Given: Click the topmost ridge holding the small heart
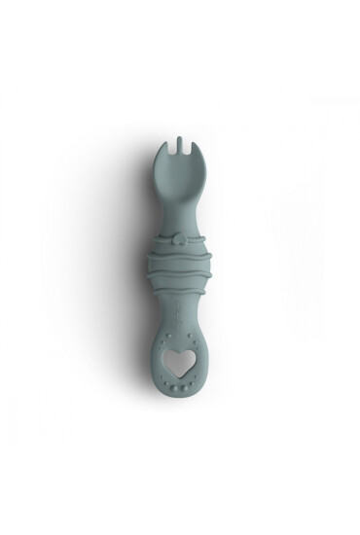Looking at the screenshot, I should coord(180,239).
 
